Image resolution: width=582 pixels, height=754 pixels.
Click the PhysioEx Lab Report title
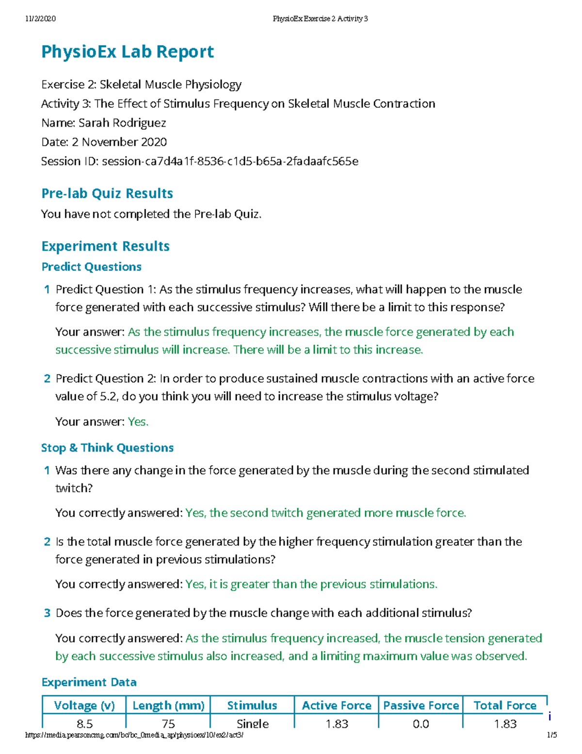[127, 52]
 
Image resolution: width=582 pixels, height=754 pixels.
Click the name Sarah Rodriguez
[122, 123]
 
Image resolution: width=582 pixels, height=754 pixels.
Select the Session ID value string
[230, 161]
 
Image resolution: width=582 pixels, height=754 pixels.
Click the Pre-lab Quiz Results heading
[107, 193]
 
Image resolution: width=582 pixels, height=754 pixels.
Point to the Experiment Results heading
[105, 246]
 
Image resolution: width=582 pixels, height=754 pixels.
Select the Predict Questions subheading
[91, 267]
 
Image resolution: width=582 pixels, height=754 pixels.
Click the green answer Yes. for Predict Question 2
[138, 421]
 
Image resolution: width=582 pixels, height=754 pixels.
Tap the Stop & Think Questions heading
[107, 448]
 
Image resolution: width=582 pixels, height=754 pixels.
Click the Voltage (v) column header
[84, 705]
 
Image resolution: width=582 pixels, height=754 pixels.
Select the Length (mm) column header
[168, 705]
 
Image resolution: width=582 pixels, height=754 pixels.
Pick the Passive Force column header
[420, 705]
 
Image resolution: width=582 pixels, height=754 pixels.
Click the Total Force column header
[505, 705]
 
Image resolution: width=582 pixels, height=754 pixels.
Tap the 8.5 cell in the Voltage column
[84, 723]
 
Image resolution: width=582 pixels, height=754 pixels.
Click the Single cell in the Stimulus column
[253, 723]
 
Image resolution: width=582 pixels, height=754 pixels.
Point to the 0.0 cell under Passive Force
[420, 723]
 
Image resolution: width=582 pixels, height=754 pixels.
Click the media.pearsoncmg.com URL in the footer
[134, 735]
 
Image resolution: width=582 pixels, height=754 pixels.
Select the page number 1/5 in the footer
[551, 735]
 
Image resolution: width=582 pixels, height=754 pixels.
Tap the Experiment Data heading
[89, 682]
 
